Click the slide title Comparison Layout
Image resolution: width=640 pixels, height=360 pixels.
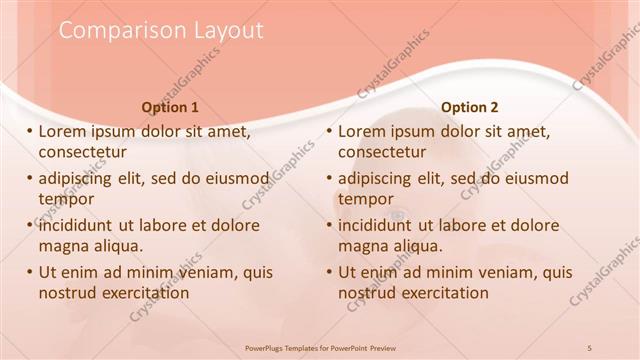[x=161, y=31]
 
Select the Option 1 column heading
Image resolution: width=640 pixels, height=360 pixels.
[x=170, y=107]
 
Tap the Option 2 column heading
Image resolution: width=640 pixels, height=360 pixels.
[x=469, y=107]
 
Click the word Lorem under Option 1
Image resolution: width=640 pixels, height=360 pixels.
[x=63, y=131]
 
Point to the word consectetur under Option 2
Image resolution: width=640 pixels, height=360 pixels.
[x=382, y=152]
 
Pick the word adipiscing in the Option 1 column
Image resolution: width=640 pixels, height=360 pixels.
[x=80, y=178]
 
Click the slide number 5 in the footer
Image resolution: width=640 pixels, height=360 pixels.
[x=590, y=347]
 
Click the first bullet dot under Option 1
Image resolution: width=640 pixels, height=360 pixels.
[x=29, y=131]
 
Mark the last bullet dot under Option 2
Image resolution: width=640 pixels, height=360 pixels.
[x=329, y=272]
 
